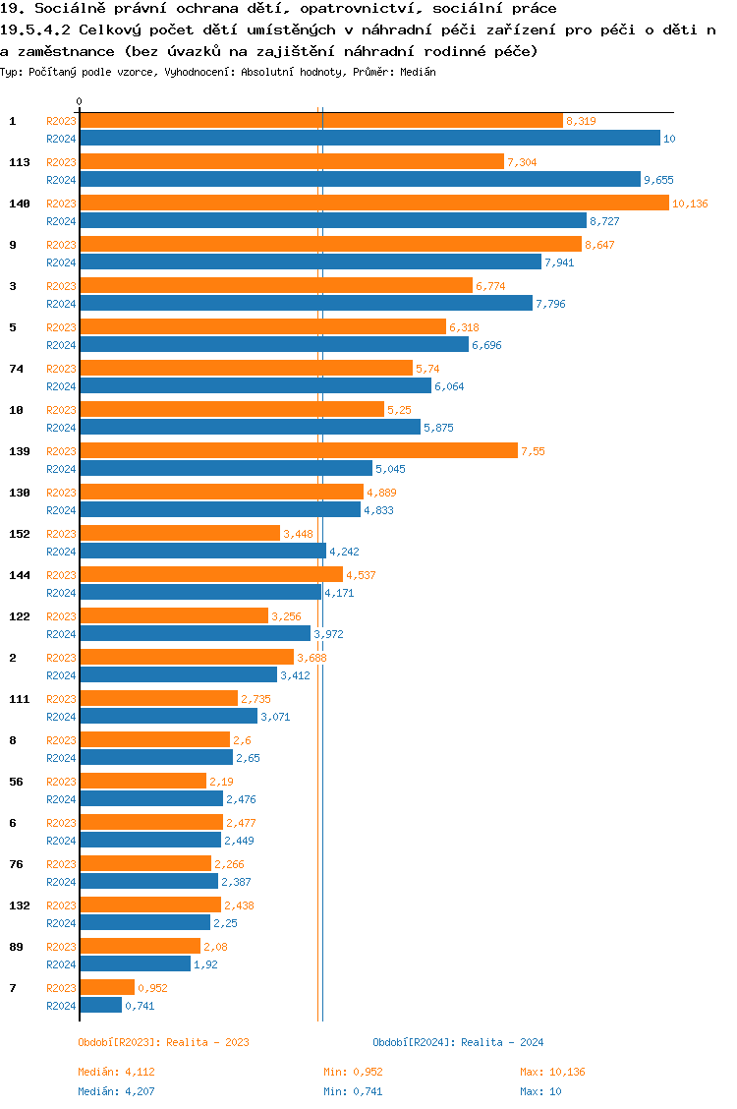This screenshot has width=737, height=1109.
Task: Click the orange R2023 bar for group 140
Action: pyautogui.click(x=373, y=203)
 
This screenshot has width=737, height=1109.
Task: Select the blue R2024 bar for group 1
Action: pyautogui.click(x=369, y=139)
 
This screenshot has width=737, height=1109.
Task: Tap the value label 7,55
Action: pyautogui.click(x=533, y=451)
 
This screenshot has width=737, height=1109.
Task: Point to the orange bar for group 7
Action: pyautogui.click(x=107, y=987)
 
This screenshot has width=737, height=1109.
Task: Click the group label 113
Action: pyautogui.click(x=19, y=162)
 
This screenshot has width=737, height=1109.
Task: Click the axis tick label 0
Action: pyautogui.click(x=80, y=102)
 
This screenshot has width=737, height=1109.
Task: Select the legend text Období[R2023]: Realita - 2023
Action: pyautogui.click(x=163, y=1042)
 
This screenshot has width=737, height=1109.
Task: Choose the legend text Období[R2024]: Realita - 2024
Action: pyautogui.click(x=458, y=1042)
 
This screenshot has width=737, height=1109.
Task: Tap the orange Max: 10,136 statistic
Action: pyautogui.click(x=552, y=1072)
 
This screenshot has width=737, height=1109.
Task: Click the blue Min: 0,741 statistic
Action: pyautogui.click(x=353, y=1091)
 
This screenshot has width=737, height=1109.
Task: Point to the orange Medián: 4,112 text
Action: pyautogui.click(x=116, y=1072)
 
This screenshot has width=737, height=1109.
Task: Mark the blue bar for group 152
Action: pyautogui.click(x=202, y=552)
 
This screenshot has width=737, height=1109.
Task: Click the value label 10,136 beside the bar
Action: pyautogui.click(x=689, y=204)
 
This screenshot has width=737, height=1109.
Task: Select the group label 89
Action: pyautogui.click(x=16, y=947)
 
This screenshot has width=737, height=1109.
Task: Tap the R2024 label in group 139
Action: pyautogui.click(x=62, y=469)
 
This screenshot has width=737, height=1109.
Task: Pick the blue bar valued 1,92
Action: pyautogui.click(x=135, y=964)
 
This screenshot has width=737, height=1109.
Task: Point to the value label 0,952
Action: pyautogui.click(x=152, y=988)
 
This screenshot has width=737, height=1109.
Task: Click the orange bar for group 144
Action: pyautogui.click(x=211, y=574)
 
